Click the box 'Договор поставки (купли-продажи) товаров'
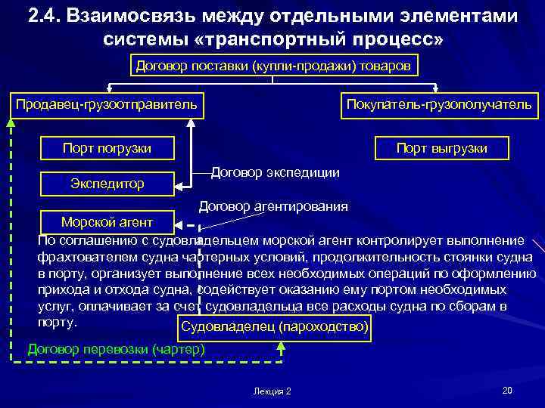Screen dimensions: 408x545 point(273,66)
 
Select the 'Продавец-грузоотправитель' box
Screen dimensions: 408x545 point(107,104)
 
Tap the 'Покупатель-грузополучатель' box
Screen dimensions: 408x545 point(439,104)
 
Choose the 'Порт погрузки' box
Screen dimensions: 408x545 point(107,148)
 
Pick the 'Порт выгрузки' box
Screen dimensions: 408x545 point(441,148)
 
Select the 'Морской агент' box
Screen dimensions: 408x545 point(107,221)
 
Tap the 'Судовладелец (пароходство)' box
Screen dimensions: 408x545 point(273,326)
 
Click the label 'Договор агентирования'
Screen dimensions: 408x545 point(273,206)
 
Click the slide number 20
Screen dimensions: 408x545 point(506,390)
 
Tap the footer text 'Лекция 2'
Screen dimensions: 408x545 point(273,391)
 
